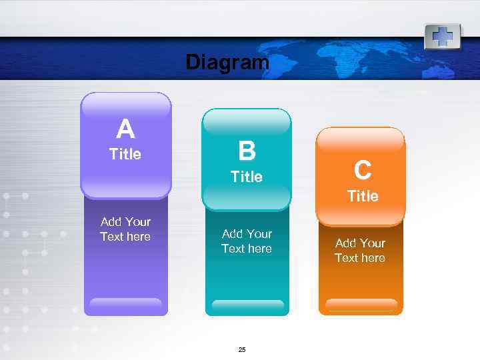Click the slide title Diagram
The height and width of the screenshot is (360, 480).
227,63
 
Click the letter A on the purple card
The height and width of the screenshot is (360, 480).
125,129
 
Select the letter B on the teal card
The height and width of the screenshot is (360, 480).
247,151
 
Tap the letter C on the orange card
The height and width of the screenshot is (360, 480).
363,171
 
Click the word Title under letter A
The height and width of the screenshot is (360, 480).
125,154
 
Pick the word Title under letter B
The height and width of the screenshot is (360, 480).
247,177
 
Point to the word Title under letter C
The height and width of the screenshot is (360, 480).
363,196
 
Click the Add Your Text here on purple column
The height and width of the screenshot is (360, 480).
125,229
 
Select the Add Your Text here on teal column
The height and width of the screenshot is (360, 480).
247,241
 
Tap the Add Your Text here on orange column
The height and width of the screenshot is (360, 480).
360,250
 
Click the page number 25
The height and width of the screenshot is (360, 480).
242,350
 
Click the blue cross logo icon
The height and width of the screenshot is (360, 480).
443,36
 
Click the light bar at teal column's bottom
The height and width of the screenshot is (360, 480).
247,306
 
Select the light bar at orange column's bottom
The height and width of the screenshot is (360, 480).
361,306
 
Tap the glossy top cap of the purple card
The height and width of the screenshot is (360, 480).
126,105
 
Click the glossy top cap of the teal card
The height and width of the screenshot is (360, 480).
247,121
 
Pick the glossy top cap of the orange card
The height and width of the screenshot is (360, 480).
360,140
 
